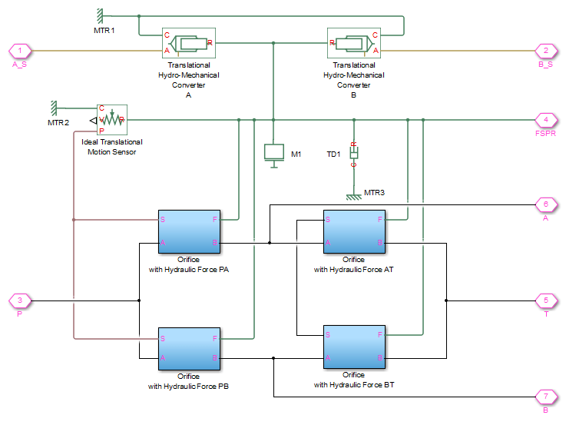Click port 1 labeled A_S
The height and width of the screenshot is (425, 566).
pos(19,51)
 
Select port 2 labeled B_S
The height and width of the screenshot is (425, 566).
pos(545,51)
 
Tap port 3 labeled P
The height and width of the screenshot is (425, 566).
pos(19,300)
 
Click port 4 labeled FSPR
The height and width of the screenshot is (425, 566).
pos(545,120)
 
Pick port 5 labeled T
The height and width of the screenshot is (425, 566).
pos(545,300)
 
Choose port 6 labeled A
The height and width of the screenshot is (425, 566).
pos(545,205)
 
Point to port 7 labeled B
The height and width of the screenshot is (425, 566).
pos(545,397)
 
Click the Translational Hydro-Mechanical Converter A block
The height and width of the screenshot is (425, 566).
pos(188,44)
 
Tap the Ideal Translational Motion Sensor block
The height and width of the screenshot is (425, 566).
pos(111,121)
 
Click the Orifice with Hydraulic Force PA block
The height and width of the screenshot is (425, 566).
pos(189,231)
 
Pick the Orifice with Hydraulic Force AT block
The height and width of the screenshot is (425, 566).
pos(353,231)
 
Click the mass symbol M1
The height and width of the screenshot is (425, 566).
pos(273,152)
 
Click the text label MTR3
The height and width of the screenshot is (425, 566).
pos(375,191)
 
